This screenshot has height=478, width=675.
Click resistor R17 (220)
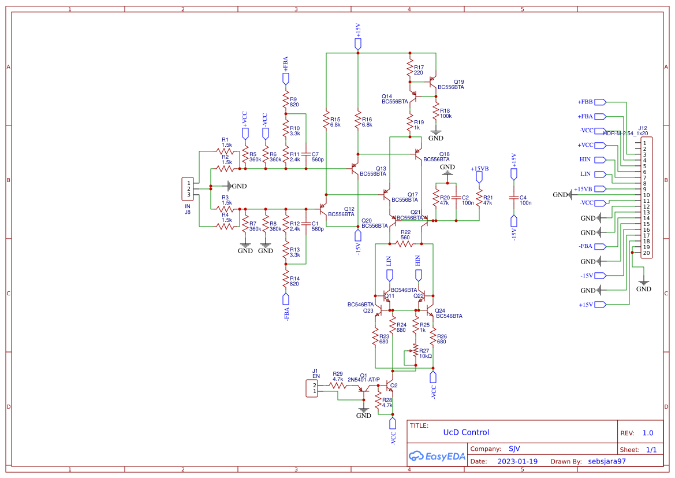(410, 70)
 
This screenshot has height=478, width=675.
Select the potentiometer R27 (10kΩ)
(414, 352)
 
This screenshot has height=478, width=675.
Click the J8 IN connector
(187, 188)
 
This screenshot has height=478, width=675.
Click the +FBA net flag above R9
(285, 79)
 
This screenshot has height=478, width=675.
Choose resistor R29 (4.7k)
(337, 385)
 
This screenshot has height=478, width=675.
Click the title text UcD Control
(465, 432)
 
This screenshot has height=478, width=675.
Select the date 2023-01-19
(517, 461)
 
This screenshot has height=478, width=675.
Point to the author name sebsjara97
(606, 461)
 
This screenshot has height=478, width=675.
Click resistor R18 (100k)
(436, 113)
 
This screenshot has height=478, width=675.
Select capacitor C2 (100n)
(456, 200)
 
